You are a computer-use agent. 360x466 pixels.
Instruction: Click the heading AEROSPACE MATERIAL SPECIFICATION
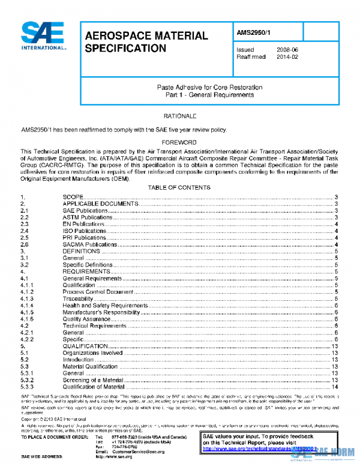click(x=146, y=42)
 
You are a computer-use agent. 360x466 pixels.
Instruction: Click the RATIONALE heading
click(x=179, y=115)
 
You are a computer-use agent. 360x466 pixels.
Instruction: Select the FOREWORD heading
click(x=179, y=142)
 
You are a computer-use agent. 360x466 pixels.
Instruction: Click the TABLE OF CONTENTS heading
click(x=179, y=188)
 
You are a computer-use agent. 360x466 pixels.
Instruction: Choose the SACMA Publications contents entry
click(x=89, y=244)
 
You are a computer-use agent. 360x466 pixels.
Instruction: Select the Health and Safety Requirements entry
click(x=105, y=305)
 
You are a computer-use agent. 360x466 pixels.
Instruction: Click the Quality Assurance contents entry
click(x=86, y=319)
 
